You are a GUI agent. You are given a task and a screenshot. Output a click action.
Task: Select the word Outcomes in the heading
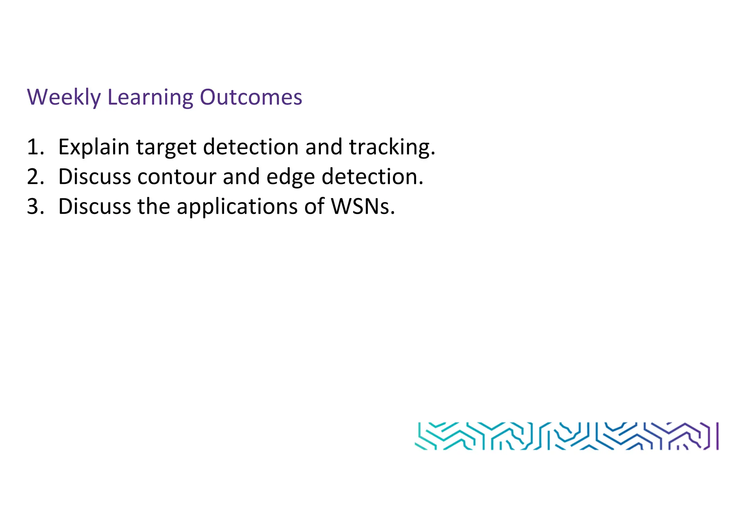[x=251, y=97]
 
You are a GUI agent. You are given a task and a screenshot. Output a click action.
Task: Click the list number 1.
[x=35, y=147]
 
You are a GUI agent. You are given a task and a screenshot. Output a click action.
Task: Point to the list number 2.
[x=35, y=177]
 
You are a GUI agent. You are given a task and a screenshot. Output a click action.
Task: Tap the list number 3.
[x=35, y=206]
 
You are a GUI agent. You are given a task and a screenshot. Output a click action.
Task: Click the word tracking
[x=391, y=147]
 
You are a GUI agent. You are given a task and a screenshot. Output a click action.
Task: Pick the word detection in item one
[x=251, y=147]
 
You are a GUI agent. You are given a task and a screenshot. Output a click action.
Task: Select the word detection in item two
[x=372, y=177]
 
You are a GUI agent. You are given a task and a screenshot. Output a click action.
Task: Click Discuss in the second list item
[x=95, y=177]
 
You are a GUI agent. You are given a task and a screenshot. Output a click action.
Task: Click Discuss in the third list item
[x=95, y=206]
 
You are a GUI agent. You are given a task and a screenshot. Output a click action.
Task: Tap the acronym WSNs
[x=362, y=206]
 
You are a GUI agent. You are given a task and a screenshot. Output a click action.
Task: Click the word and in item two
[x=241, y=177]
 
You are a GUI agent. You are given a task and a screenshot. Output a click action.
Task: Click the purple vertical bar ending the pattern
[x=717, y=436]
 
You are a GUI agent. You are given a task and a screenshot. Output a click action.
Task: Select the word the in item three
[x=154, y=206]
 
